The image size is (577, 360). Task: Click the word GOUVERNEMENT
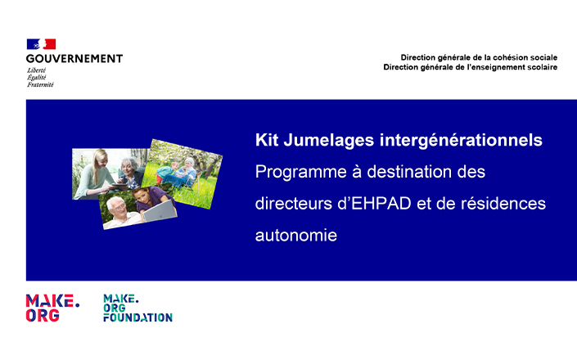pos(74,59)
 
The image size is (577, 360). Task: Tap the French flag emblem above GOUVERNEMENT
pos(41,44)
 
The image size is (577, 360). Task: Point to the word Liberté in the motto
pos(37,70)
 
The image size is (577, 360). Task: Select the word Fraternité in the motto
pos(40,84)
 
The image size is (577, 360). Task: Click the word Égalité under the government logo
pos(37,77)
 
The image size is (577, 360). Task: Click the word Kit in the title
pos(267,140)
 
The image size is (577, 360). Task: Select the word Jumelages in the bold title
pos(329,141)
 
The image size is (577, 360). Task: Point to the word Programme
pos(301,173)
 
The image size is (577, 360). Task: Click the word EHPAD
pos(381,204)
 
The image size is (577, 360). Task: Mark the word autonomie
pos(296,236)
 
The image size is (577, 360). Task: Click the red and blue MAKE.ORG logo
pos(52,308)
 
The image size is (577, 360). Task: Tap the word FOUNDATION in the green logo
pos(138,317)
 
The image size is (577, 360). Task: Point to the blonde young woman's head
pos(99,160)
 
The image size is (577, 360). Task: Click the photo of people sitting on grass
pos(183,173)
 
